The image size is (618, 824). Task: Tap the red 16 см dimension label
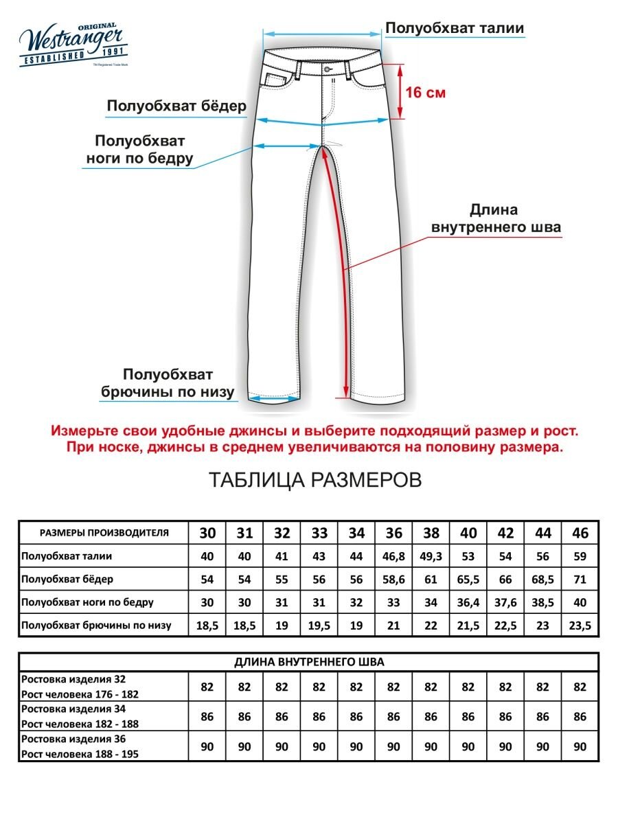pyautogui.click(x=425, y=92)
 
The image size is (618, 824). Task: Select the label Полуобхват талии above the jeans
pyautogui.click(x=455, y=28)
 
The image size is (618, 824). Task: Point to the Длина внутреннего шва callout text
pyautogui.click(x=494, y=218)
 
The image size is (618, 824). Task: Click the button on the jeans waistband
pyautogui.click(x=327, y=69)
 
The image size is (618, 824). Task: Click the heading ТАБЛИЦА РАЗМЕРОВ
pyautogui.click(x=314, y=480)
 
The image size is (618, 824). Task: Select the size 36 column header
pyautogui.click(x=393, y=533)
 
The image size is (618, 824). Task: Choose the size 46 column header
pyautogui.click(x=580, y=533)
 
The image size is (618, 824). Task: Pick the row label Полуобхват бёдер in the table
pyautogui.click(x=67, y=579)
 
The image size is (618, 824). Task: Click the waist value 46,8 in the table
pyautogui.click(x=393, y=556)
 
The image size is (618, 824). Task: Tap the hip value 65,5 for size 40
pyautogui.click(x=468, y=579)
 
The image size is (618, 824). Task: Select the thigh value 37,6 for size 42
pyautogui.click(x=505, y=602)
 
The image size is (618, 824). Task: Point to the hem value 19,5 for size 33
pyautogui.click(x=319, y=626)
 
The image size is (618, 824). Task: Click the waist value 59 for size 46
pyautogui.click(x=580, y=556)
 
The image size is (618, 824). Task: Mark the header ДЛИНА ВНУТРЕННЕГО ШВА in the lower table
pyautogui.click(x=309, y=662)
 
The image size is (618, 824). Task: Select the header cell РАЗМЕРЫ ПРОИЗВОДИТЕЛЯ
pyautogui.click(x=104, y=533)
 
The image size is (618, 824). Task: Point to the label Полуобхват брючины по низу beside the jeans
pyautogui.click(x=168, y=384)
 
